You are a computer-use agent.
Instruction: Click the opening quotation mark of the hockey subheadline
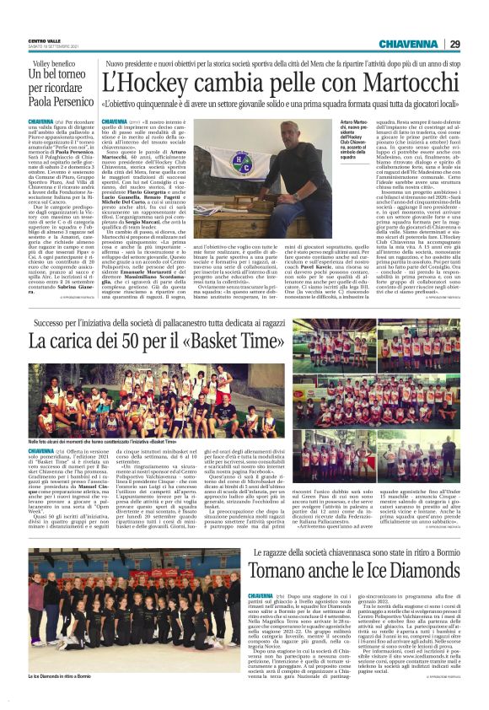[103, 104]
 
